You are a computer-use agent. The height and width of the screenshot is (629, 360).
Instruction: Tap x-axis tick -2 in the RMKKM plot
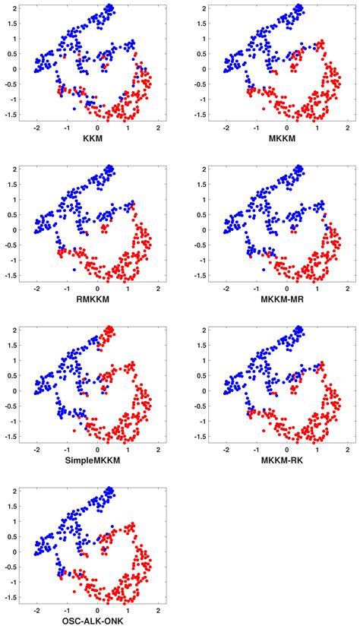[x=37, y=289]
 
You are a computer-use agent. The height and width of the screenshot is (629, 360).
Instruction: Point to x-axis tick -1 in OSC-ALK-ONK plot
[x=67, y=612]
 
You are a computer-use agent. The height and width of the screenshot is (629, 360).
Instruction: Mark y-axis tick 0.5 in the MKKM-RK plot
[x=201, y=375]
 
